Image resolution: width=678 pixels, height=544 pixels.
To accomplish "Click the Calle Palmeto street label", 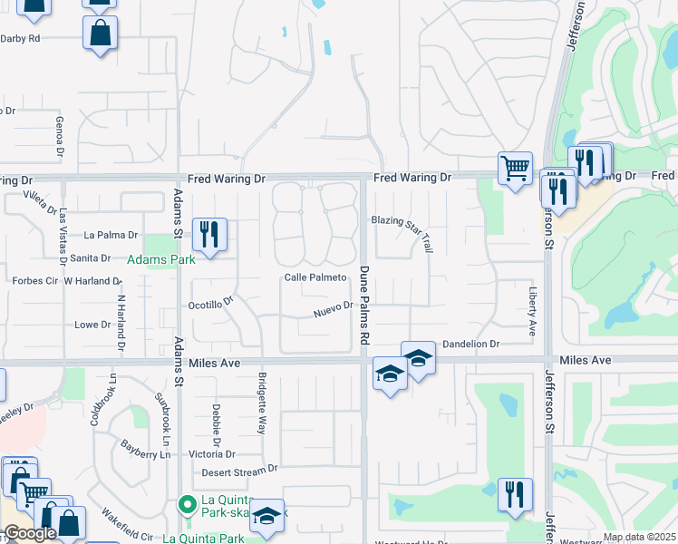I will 315,277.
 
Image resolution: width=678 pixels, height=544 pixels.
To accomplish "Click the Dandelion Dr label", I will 470,345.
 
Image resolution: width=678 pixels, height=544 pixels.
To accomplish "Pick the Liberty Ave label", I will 532,309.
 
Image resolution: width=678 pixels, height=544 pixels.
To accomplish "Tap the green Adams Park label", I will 161,259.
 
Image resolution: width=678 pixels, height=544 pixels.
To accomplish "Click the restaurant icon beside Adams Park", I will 209,236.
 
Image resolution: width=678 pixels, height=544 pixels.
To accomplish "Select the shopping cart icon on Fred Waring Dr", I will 515,169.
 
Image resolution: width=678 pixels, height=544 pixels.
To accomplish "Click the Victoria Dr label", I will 212,453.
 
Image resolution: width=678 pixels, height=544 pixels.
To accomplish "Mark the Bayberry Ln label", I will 146,449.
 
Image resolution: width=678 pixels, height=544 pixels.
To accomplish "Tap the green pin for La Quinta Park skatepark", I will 188,503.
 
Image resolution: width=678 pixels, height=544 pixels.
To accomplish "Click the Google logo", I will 29,534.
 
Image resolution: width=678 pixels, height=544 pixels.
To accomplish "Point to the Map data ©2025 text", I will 638,537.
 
